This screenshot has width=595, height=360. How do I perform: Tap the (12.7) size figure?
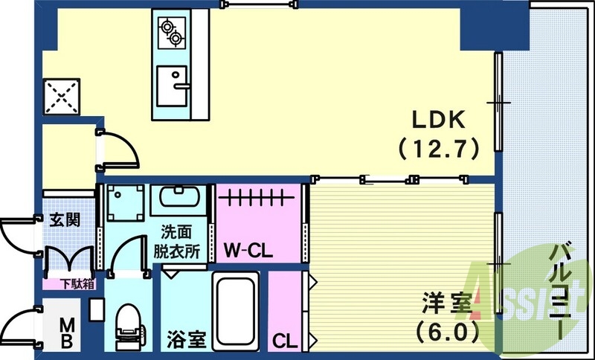(x=438, y=148)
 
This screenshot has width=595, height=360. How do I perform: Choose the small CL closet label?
(x=283, y=341)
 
